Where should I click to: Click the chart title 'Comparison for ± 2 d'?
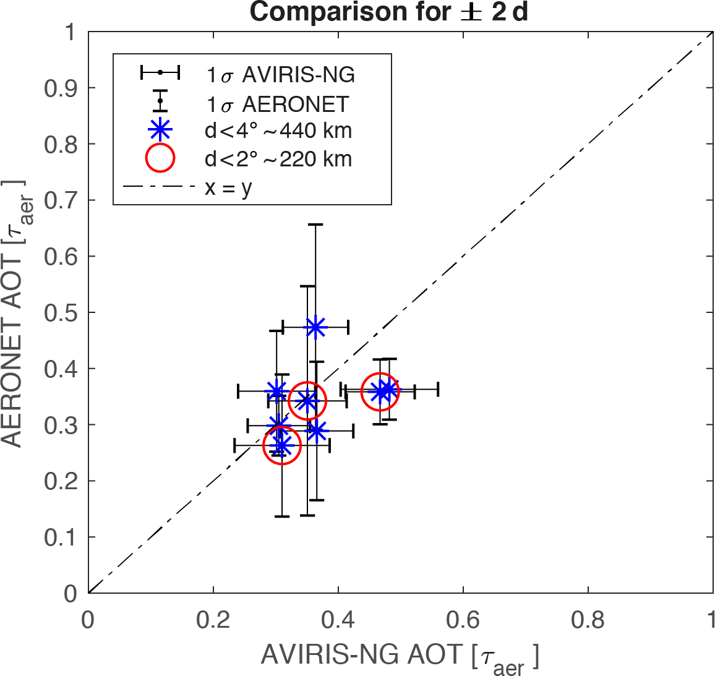point(389,12)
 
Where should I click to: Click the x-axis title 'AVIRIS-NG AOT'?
point(399,656)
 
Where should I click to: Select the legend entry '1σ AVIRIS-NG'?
point(280,74)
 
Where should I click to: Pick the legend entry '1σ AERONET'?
point(277,104)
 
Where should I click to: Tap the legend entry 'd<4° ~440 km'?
point(278,130)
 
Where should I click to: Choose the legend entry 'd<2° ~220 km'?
point(278,159)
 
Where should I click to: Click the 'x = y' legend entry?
point(228,187)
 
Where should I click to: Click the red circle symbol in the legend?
point(160,159)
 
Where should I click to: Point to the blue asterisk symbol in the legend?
point(160,130)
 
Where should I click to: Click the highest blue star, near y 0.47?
point(315,327)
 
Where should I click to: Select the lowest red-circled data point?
point(281,445)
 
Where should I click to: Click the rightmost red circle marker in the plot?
point(380,391)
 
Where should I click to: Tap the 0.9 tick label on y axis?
point(61,88)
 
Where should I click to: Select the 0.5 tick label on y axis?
point(61,312)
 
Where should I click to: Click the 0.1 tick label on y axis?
point(61,537)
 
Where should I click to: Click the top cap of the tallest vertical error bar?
point(315,225)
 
